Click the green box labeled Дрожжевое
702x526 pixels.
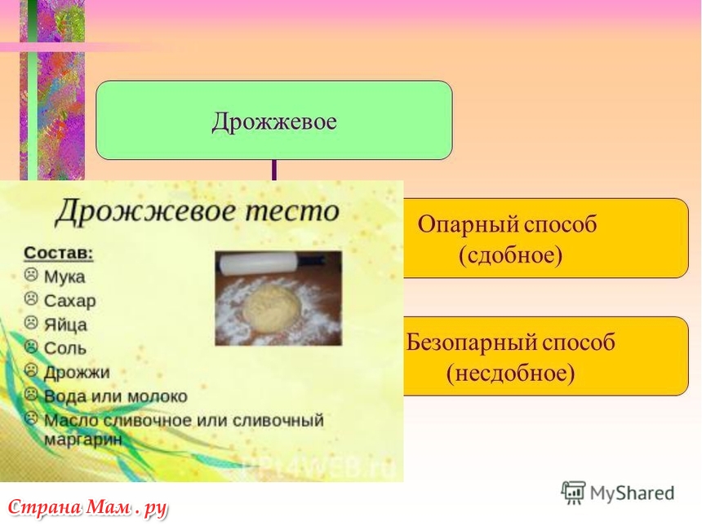(274, 120)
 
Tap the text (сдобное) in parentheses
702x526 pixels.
(510, 255)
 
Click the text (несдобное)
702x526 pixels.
(510, 373)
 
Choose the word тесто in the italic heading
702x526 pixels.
(292, 210)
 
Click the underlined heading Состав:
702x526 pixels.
(58, 253)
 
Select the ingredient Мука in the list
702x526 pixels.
(64, 277)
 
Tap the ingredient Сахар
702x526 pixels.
(69, 301)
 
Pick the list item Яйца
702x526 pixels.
(65, 325)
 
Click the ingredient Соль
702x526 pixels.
(65, 348)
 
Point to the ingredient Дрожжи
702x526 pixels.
(77, 373)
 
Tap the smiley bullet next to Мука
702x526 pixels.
(30, 274)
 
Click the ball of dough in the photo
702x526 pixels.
(271, 307)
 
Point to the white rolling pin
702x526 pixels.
(257, 263)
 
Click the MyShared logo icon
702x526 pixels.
(573, 493)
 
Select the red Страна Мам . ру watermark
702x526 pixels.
(87, 508)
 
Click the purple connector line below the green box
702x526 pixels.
(274, 170)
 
